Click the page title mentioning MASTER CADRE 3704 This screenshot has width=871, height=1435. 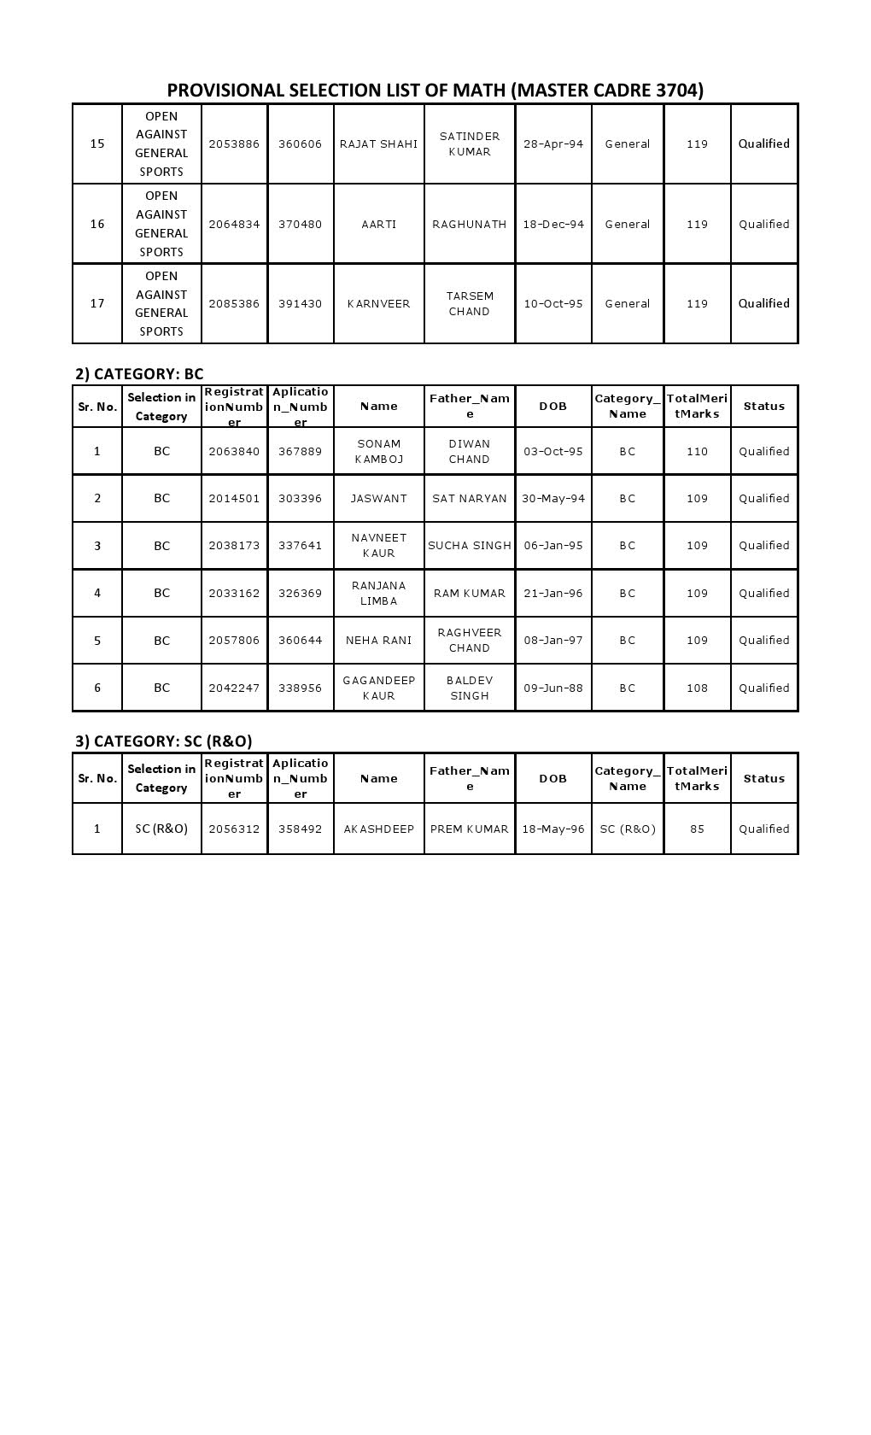tap(435, 91)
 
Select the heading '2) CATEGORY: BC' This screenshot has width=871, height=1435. tap(139, 373)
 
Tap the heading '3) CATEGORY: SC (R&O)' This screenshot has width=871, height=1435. tap(164, 741)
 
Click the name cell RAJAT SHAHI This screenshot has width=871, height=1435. tap(378, 144)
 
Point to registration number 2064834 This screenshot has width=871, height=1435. tap(234, 225)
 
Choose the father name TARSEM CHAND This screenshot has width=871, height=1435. tap(470, 304)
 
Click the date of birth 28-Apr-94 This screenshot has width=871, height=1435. tap(553, 144)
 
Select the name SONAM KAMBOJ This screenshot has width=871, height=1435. tap(378, 451)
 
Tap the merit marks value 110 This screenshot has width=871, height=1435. tap(697, 451)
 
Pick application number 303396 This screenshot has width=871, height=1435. tap(301, 499)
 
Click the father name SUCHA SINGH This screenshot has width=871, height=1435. tap(470, 546)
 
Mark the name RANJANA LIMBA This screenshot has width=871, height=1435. tap(378, 593)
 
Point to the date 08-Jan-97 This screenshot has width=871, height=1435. tap(553, 641)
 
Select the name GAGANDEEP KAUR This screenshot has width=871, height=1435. tap(378, 688)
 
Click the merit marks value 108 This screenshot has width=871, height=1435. tap(697, 688)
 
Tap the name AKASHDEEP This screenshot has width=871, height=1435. tap(378, 829)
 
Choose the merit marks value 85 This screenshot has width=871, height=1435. tap(697, 829)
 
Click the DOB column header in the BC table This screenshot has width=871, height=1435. tap(553, 407)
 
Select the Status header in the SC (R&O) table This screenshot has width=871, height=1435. tap(764, 779)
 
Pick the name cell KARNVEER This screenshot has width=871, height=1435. tap(378, 304)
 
